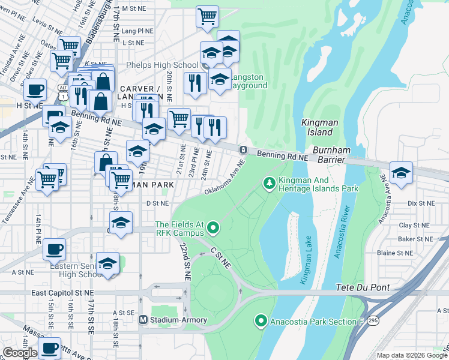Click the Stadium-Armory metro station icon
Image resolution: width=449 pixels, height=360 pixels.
point(143,320)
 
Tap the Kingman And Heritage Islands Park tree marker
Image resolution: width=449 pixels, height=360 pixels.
point(270,182)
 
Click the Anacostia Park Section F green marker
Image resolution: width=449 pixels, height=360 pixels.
point(261,322)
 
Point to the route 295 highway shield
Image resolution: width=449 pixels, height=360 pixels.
point(373,321)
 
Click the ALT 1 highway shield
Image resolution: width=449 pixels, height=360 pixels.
point(62,88)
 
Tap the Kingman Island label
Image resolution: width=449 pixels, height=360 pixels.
point(316,127)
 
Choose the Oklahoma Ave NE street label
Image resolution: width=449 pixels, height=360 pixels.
point(225,178)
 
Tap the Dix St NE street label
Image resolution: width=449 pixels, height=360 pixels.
point(420,203)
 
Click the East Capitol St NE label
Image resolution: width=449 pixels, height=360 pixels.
point(63,293)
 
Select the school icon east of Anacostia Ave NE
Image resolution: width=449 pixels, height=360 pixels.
point(401,172)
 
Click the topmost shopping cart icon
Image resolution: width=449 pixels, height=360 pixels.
point(207,16)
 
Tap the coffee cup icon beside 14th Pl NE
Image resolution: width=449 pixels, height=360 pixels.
point(54,248)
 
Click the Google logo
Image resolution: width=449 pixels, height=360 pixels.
point(20,353)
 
